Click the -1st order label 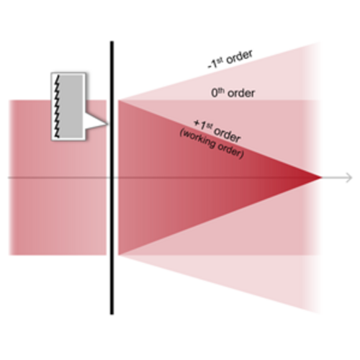pyautogui.click(x=230, y=60)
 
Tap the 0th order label pyautogui.click(x=233, y=93)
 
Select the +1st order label pyautogui.click(x=217, y=131)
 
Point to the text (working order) pyautogui.click(x=212, y=144)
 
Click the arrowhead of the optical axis pyautogui.click(x=349, y=178)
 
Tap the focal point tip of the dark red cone pyautogui.click(x=321, y=178)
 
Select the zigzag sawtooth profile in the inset pyautogui.click(x=57, y=107)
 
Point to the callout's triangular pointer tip pyautogui.click(x=107, y=124)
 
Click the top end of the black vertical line pyautogui.click(x=112, y=42)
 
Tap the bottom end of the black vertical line pyautogui.click(x=112, y=314)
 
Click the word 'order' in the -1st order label pyautogui.click(x=240, y=57)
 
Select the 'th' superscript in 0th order pyautogui.click(x=221, y=90)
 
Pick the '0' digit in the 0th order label pyautogui.click(x=215, y=93)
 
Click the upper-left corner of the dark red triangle pyautogui.click(x=118, y=100)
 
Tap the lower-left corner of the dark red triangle pyautogui.click(x=118, y=255)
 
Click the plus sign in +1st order pyautogui.click(x=197, y=123)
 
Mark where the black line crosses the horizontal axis pyautogui.click(x=112, y=178)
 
